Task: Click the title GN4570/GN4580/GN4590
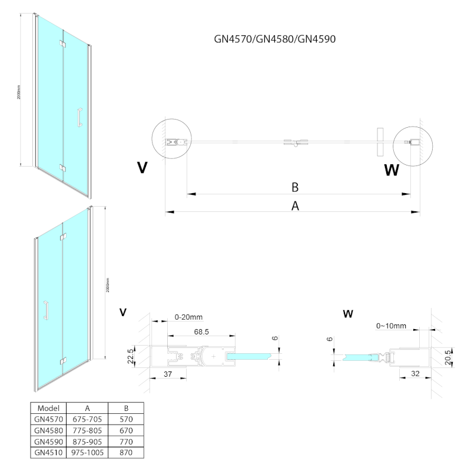[275, 39]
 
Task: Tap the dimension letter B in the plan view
[295, 187]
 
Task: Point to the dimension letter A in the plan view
[296, 205]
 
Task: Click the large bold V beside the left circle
[142, 168]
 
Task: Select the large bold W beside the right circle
[392, 170]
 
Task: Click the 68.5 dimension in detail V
[201, 333]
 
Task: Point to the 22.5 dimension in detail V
[132, 355]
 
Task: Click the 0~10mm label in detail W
[392, 326]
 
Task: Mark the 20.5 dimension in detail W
[449, 355]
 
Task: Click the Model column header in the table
[48, 408]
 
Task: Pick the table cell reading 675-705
[87, 419]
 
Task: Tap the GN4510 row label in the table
[48, 453]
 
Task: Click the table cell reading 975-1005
[87, 453]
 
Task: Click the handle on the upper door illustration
[79, 117]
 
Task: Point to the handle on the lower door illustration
[45, 310]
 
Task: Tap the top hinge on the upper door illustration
[62, 44]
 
